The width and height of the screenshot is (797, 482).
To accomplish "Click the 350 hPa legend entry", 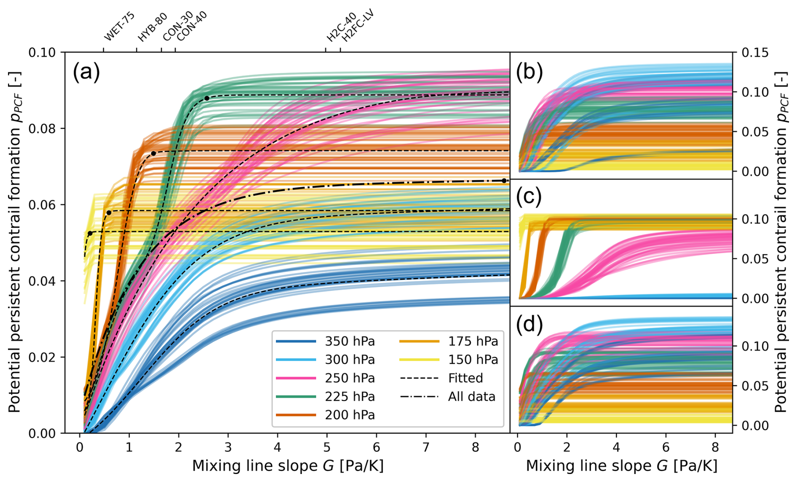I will pos(350,341).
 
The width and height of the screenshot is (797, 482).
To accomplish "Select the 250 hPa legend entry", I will pos(350,378).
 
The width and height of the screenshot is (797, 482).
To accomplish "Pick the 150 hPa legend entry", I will pos(473,360).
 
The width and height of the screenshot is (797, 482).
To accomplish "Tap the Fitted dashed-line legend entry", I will pos(465,378).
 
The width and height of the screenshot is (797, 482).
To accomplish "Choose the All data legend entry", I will pos(471,397).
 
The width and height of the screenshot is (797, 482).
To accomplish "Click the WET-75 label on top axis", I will pos(119,27).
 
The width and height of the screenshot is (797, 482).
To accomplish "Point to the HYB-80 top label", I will pos(152,27).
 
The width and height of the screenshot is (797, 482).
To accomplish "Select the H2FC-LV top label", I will pos(358,26).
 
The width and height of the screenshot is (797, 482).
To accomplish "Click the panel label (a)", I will pos(86,72).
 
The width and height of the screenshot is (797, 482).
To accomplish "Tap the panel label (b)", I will pos(529,72).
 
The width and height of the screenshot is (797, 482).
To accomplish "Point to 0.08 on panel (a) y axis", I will pos(42,129).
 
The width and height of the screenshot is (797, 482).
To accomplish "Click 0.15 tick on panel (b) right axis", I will pos(755,53).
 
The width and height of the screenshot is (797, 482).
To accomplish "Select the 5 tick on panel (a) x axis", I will pos(327,447).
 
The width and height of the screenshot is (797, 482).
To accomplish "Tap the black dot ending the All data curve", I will pos(504,181).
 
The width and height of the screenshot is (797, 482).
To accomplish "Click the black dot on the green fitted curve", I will pos(207,98).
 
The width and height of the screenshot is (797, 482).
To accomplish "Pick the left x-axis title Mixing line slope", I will pos(288,466).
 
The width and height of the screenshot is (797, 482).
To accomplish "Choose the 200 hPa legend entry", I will pos(350,415).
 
